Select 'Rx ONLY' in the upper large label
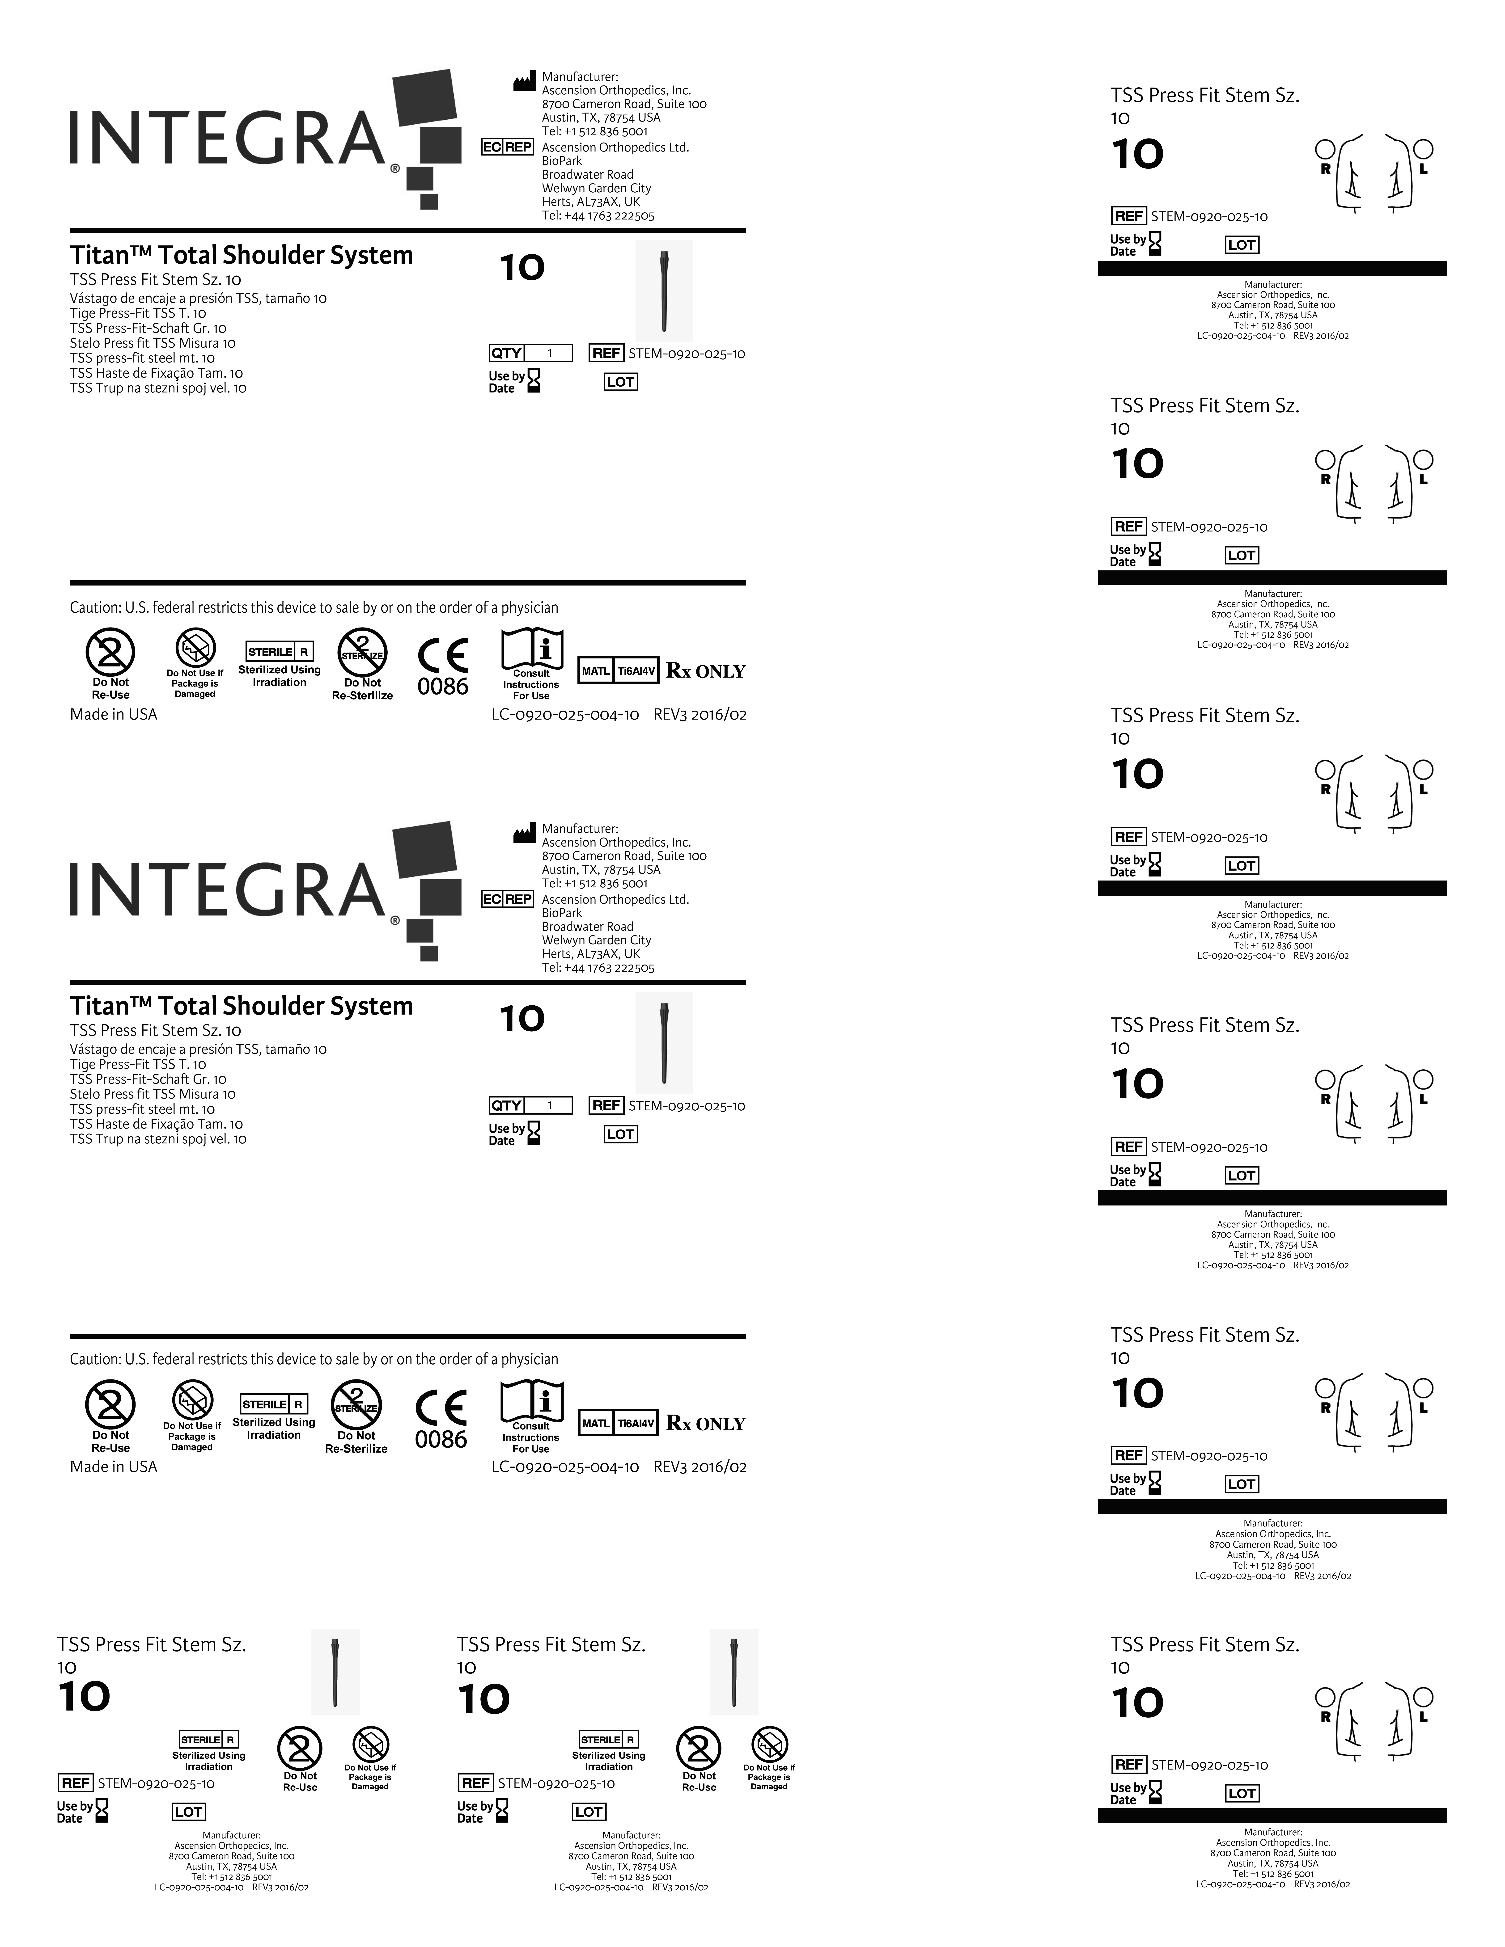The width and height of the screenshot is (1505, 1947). tap(705, 671)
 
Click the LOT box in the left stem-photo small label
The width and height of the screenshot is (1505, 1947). tap(188, 1812)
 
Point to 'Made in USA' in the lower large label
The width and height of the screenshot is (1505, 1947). tap(113, 1467)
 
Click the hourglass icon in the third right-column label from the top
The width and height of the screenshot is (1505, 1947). tap(1155, 865)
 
